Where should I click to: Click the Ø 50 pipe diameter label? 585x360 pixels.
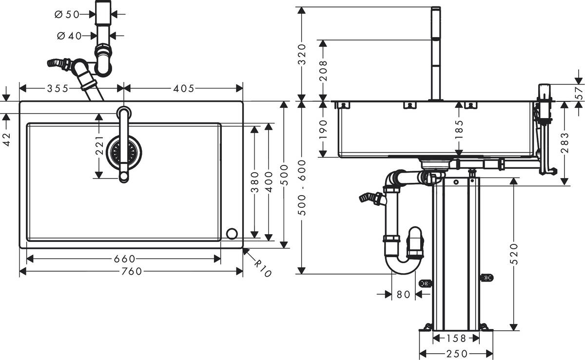67,14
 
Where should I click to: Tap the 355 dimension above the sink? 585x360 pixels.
58,88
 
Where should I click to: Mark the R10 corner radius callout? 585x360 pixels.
262,267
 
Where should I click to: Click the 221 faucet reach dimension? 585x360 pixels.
99,145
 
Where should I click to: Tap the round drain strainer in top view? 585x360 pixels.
124,153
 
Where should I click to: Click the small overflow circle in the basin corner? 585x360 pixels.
232,234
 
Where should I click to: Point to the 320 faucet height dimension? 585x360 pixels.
302,54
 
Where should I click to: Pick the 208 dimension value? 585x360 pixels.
323,70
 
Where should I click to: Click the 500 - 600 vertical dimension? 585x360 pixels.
302,188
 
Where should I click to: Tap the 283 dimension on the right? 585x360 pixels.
565,143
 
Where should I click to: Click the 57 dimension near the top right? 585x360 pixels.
579,93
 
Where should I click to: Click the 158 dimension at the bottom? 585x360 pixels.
456,338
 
